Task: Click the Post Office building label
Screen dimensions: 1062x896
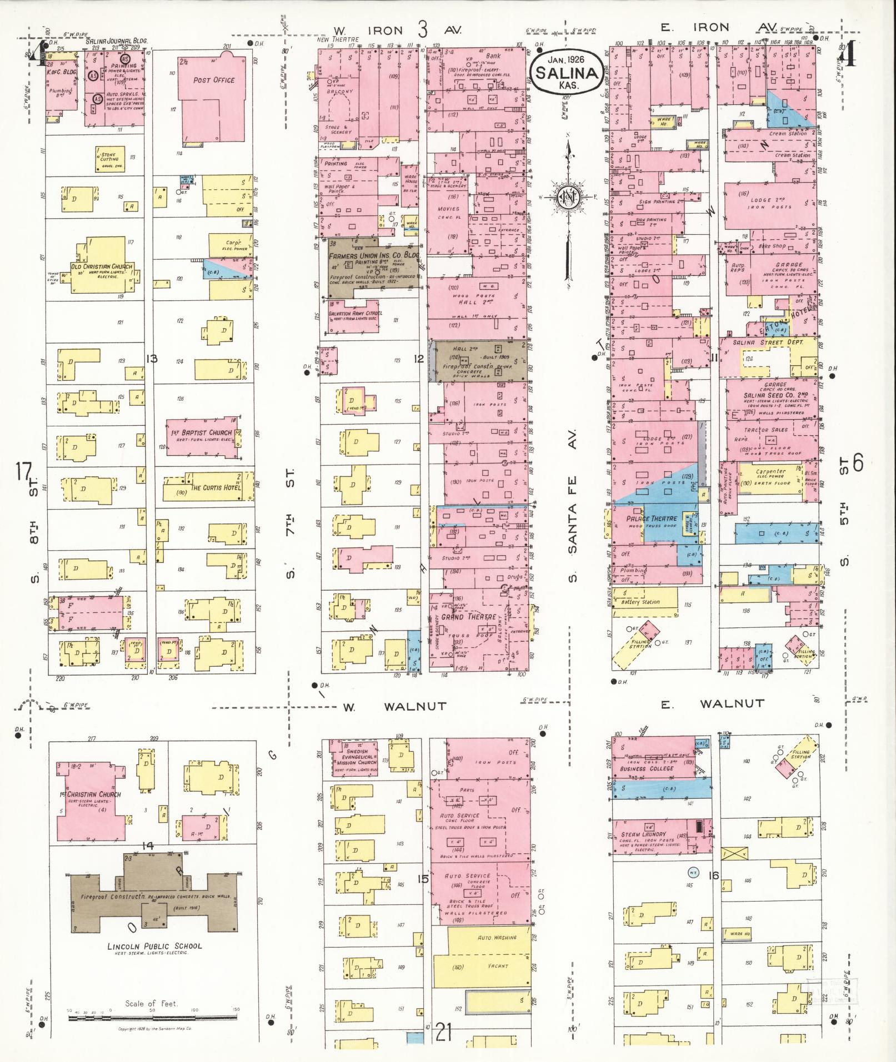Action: pyautogui.click(x=214, y=80)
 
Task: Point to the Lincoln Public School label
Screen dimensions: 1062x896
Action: pyautogui.click(x=154, y=945)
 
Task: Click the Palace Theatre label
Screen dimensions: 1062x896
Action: pyautogui.click(x=652, y=519)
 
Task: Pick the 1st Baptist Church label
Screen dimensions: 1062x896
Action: pyautogui.click(x=201, y=432)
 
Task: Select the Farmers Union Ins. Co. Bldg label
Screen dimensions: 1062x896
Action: pyautogui.click(x=373, y=256)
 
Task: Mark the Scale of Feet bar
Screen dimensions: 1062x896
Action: pyautogui.click(x=153, y=1018)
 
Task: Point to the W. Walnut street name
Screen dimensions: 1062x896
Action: pyautogui.click(x=394, y=707)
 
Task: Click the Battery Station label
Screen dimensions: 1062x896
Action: pyautogui.click(x=640, y=602)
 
